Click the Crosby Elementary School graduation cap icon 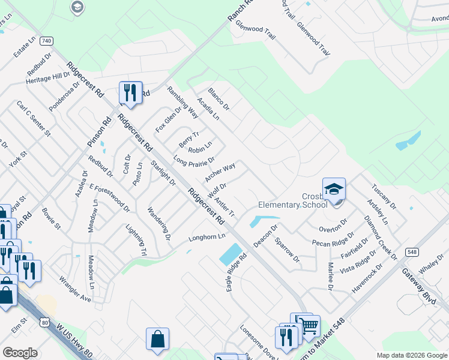[334, 189]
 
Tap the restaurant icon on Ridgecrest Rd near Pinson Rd [130, 92]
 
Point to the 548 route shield [411, 252]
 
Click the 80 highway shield [45, 322]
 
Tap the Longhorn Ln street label [207, 236]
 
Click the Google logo [20, 353]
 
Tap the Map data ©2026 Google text [411, 355]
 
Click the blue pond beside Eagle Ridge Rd [231, 255]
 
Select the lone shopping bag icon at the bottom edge [157, 339]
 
